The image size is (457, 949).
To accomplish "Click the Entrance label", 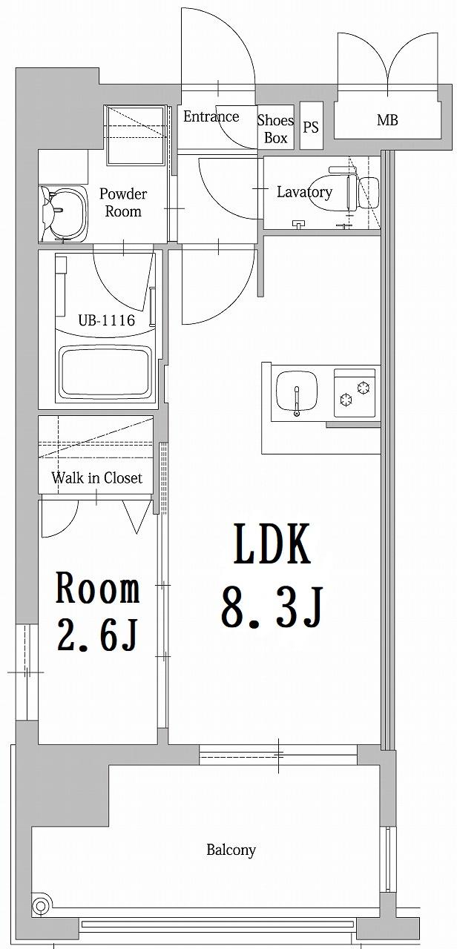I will (x=211, y=116).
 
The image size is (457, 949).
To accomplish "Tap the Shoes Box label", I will (x=275, y=128).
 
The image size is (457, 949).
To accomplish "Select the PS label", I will (x=311, y=127).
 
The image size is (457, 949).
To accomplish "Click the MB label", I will (x=387, y=119).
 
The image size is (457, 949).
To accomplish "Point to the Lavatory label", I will (x=304, y=192).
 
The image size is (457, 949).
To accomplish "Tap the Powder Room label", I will (x=123, y=202).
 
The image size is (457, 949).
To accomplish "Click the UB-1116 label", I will (x=106, y=320).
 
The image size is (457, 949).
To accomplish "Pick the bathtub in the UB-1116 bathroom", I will (x=105, y=371).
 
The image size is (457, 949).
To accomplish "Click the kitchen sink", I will (x=297, y=391).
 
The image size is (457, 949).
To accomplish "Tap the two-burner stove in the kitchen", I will (x=355, y=392).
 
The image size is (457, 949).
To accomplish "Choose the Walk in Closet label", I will (x=96, y=477).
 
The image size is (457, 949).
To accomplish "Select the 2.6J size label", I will (x=97, y=635).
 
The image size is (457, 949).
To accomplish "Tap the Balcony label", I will (x=231, y=850).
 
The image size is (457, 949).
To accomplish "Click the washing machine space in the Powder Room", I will (x=135, y=136).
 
